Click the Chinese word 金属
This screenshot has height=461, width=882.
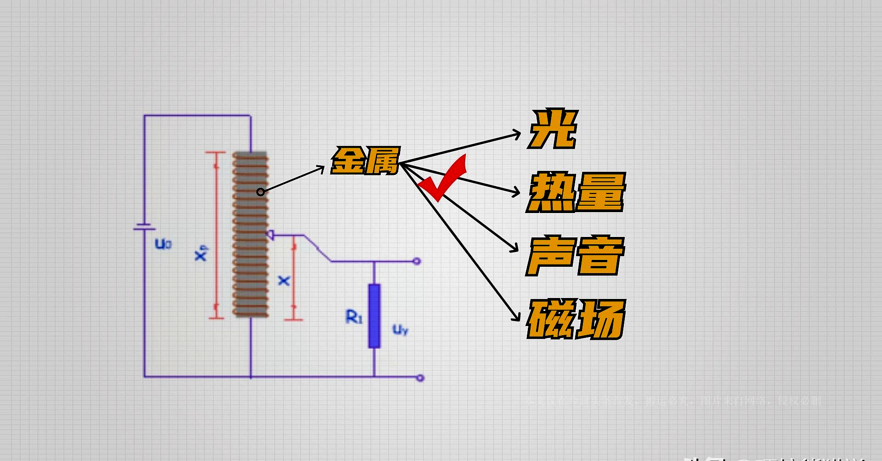tap(366, 161)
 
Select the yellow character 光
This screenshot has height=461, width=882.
tap(553, 129)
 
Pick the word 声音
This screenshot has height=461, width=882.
tap(575, 255)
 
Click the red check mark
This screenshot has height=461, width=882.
tap(443, 179)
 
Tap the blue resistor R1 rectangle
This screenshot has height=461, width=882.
tap(374, 315)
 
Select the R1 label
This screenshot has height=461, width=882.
tap(354, 317)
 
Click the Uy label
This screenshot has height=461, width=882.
tap(400, 329)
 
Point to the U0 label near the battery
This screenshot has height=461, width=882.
tap(163, 243)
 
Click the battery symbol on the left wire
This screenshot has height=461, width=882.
tap(144, 227)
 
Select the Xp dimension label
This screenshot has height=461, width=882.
tap(201, 253)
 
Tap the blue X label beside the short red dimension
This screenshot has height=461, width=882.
tap(284, 281)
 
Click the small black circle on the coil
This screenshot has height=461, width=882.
tap(260, 192)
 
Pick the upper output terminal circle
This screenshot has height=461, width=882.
tap(417, 261)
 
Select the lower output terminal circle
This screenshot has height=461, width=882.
tap(420, 378)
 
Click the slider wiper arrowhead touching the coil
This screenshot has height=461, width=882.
tap(270, 235)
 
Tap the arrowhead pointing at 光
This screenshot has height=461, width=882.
tap(517, 134)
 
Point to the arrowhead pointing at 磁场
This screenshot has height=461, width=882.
tap(516, 317)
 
